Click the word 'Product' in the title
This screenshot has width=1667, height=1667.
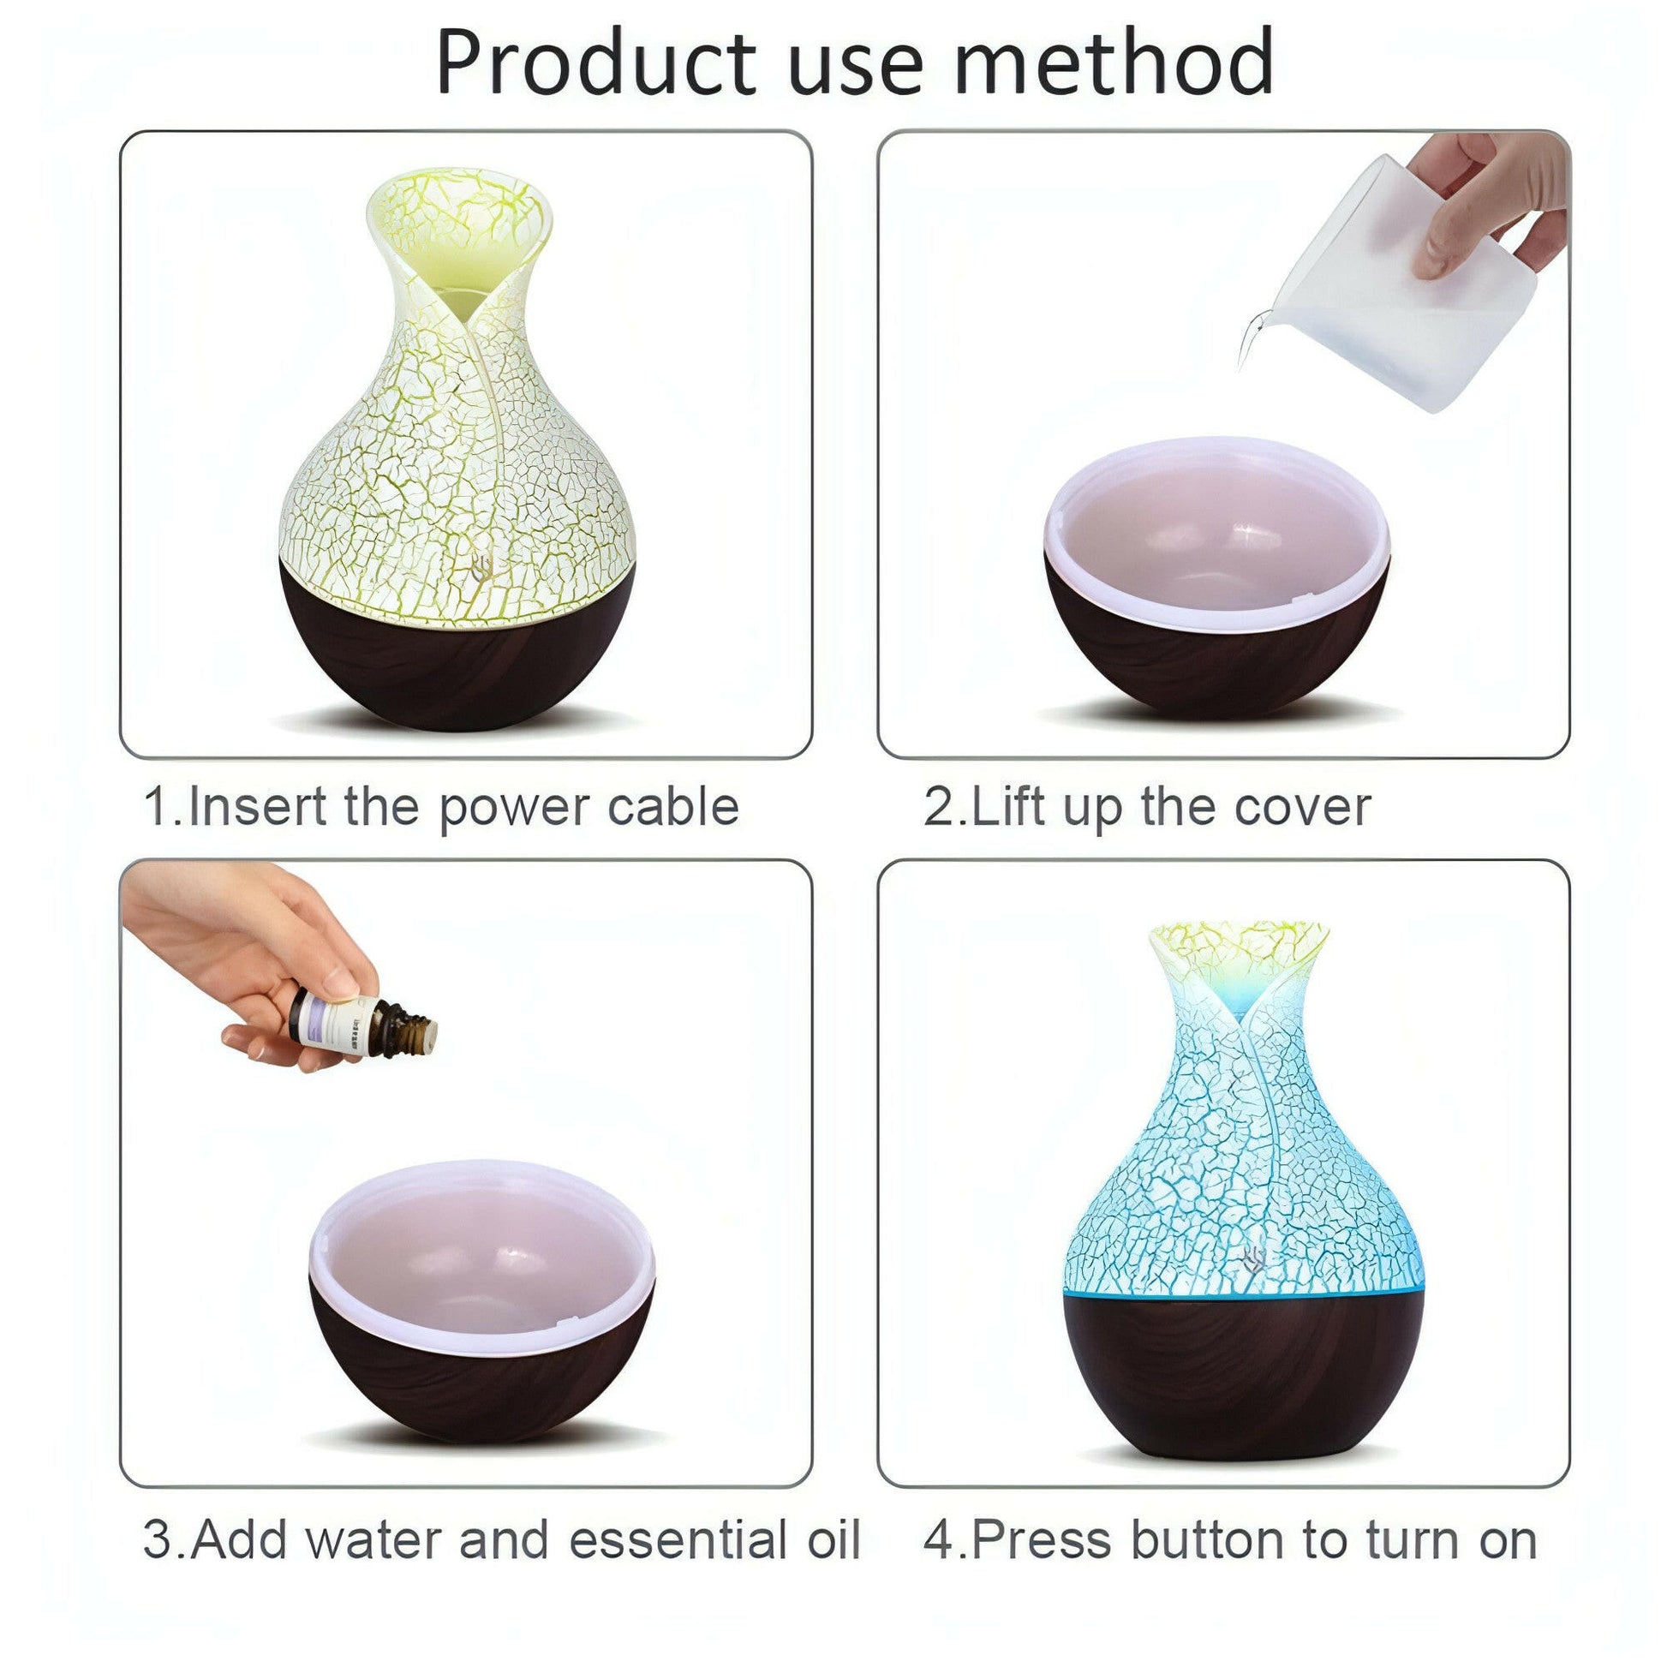tap(595, 63)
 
